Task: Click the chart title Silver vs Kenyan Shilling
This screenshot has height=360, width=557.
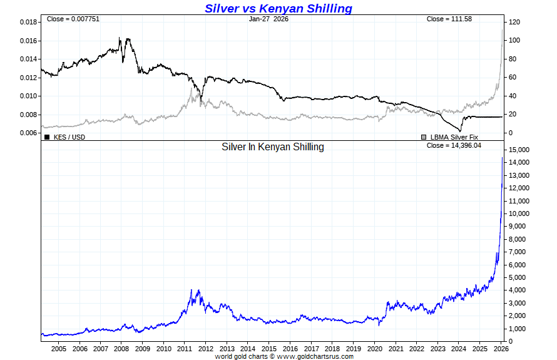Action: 278,8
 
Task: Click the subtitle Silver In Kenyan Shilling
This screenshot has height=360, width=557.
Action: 273,147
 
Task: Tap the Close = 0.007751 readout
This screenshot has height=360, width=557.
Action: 73,19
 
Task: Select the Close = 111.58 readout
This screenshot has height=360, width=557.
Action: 449,19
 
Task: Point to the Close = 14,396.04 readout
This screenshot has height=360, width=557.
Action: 453,145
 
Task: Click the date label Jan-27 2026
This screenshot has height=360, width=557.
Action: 268,19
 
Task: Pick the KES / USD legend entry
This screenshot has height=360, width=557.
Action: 68,136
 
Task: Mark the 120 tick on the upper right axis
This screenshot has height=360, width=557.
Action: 514,22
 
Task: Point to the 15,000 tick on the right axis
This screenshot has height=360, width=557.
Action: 519,150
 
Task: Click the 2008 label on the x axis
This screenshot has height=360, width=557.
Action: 121,348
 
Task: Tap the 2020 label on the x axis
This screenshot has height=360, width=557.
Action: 374,348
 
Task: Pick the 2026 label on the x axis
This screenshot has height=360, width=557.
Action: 501,348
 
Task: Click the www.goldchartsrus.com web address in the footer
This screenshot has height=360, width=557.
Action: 315,356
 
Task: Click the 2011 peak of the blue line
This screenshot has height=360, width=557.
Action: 198,290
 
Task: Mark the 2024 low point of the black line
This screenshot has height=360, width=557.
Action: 460,130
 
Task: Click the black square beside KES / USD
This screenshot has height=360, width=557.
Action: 47,136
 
